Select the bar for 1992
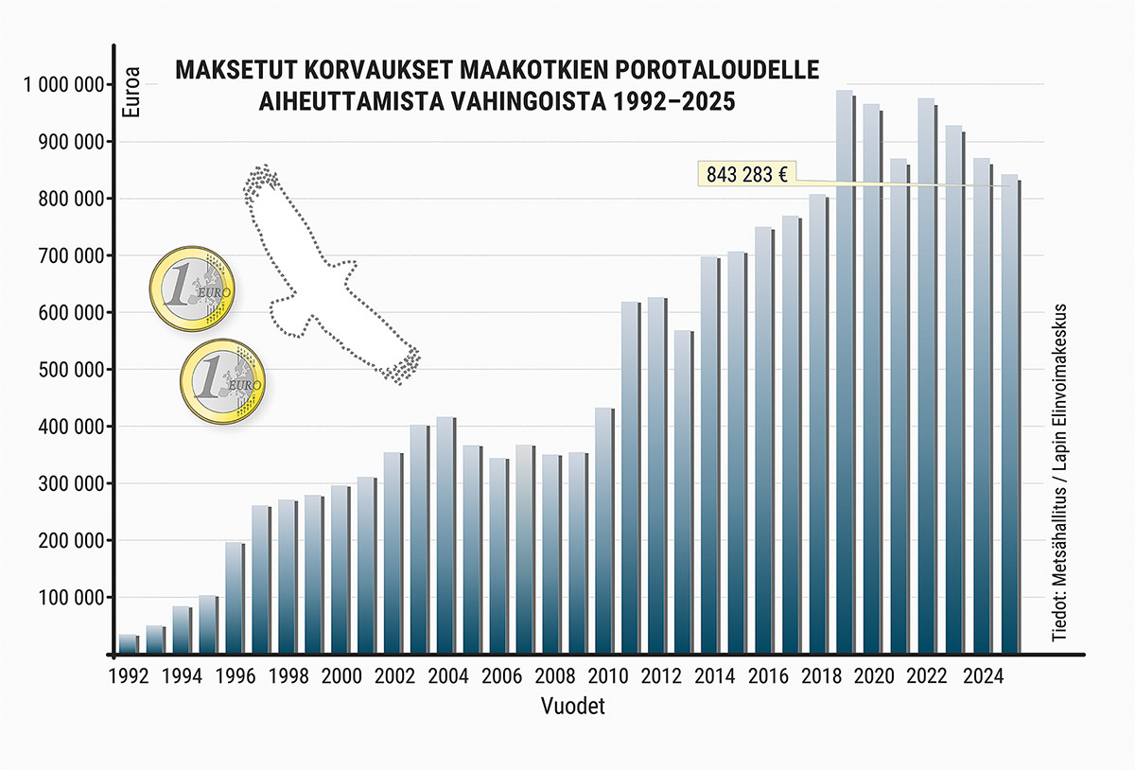point(128,644)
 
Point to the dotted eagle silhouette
point(322,274)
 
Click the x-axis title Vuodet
point(573,706)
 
